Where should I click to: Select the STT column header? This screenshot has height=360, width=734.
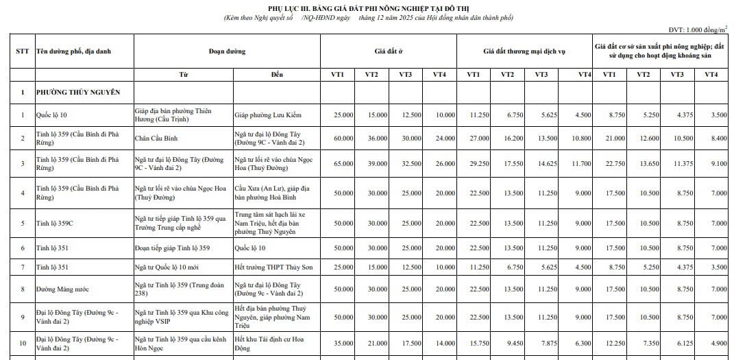(22, 51)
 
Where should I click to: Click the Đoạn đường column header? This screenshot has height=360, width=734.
(227, 51)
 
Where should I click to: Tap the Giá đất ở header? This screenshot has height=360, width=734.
(389, 51)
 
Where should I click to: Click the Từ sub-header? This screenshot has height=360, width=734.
(183, 73)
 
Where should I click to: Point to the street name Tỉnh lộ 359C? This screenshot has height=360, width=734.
(56, 223)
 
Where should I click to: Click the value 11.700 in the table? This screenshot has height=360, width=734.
(581, 164)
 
